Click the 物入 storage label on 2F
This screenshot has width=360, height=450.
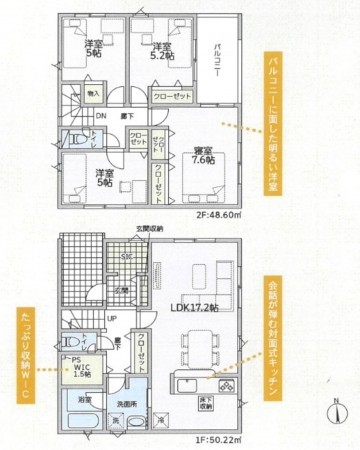[x=94, y=93]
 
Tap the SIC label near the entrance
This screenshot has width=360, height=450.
[x=126, y=257]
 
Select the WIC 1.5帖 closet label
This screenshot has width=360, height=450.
[x=80, y=370]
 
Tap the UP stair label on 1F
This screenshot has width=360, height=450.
[x=111, y=318]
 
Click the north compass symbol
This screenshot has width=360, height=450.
[x=338, y=411]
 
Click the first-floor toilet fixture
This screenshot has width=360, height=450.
[x=74, y=341]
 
